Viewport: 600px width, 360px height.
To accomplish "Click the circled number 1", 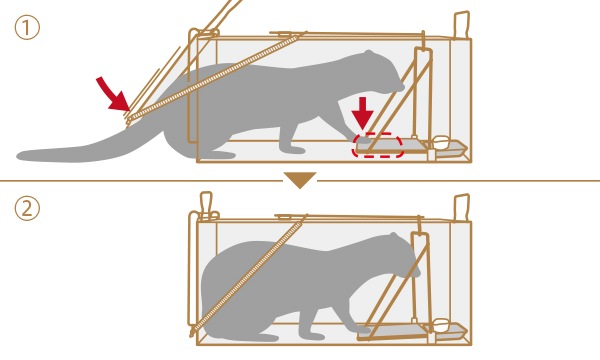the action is click(x=27, y=28).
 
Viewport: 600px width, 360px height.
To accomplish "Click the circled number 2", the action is click(x=27, y=208).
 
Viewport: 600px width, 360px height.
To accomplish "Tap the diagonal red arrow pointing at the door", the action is click(x=112, y=94).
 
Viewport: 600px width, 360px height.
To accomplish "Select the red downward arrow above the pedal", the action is click(x=362, y=113).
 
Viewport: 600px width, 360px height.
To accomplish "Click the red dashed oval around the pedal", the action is click(x=377, y=145).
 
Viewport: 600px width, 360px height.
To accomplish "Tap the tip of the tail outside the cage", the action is click(x=19, y=155).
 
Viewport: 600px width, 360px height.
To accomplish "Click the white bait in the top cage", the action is click(x=441, y=142).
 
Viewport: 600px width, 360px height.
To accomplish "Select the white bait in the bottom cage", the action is click(x=441, y=325).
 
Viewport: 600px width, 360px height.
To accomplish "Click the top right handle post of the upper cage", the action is click(x=462, y=25).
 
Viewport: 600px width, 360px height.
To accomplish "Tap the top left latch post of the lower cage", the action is click(x=206, y=205).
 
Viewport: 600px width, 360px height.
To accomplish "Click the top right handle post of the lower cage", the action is click(x=461, y=208).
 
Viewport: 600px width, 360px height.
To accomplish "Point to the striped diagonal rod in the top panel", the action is click(x=214, y=77).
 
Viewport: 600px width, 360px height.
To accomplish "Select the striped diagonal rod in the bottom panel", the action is click(x=249, y=275).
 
